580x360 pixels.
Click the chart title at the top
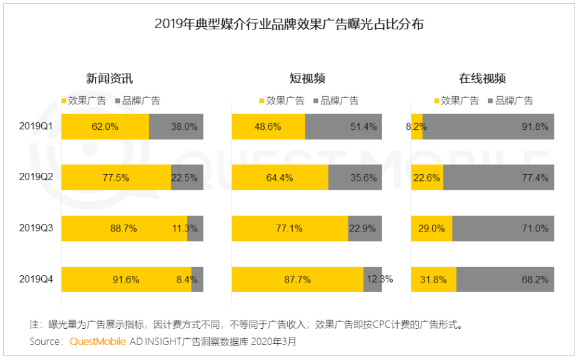[289, 24]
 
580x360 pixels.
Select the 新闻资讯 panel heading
[109, 79]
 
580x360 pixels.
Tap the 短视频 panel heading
[307, 79]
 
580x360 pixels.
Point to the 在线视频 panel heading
[482, 79]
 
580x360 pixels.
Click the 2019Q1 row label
[36, 126]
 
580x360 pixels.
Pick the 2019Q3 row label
[36, 228]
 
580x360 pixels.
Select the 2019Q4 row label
[36, 279]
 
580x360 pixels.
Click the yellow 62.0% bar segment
[105, 127]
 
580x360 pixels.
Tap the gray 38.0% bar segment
[176, 127]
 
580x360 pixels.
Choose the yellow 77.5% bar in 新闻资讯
[116, 178]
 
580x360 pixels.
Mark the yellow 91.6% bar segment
[126, 280]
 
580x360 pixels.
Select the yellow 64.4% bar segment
[280, 178]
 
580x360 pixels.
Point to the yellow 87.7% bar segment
[297, 280]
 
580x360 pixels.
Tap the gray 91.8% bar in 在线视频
[488, 127]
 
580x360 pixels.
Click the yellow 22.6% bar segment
[427, 178]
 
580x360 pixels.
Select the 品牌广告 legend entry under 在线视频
[509, 100]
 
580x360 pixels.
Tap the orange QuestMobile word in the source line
[97, 341]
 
